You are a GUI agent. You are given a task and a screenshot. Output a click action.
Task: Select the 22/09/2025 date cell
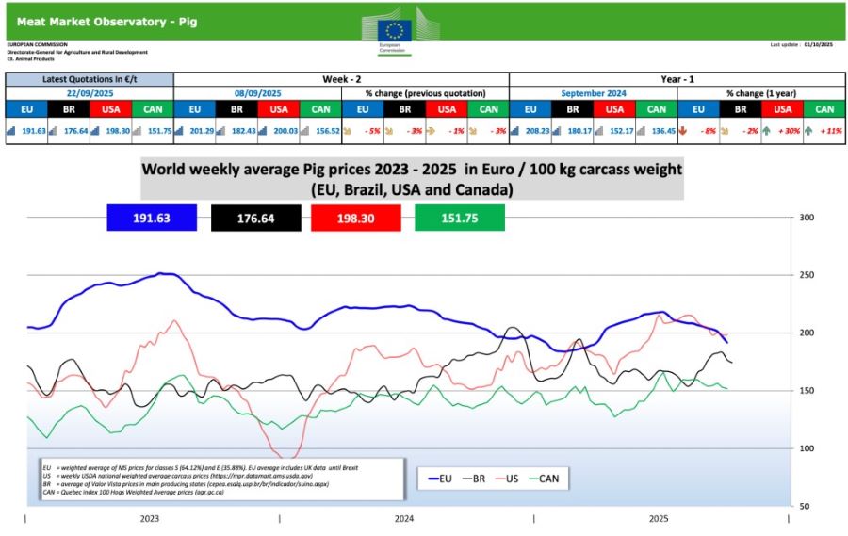(90, 94)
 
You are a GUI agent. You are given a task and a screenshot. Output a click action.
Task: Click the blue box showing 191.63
(152, 217)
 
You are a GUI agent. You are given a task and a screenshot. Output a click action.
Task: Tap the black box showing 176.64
(242, 217)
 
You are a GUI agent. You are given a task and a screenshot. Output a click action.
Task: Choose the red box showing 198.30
(352, 217)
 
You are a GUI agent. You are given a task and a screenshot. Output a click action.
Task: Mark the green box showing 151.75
(459, 217)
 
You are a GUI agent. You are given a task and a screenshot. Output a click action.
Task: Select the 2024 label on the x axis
(404, 519)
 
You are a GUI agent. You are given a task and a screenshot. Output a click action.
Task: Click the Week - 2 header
(340, 79)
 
